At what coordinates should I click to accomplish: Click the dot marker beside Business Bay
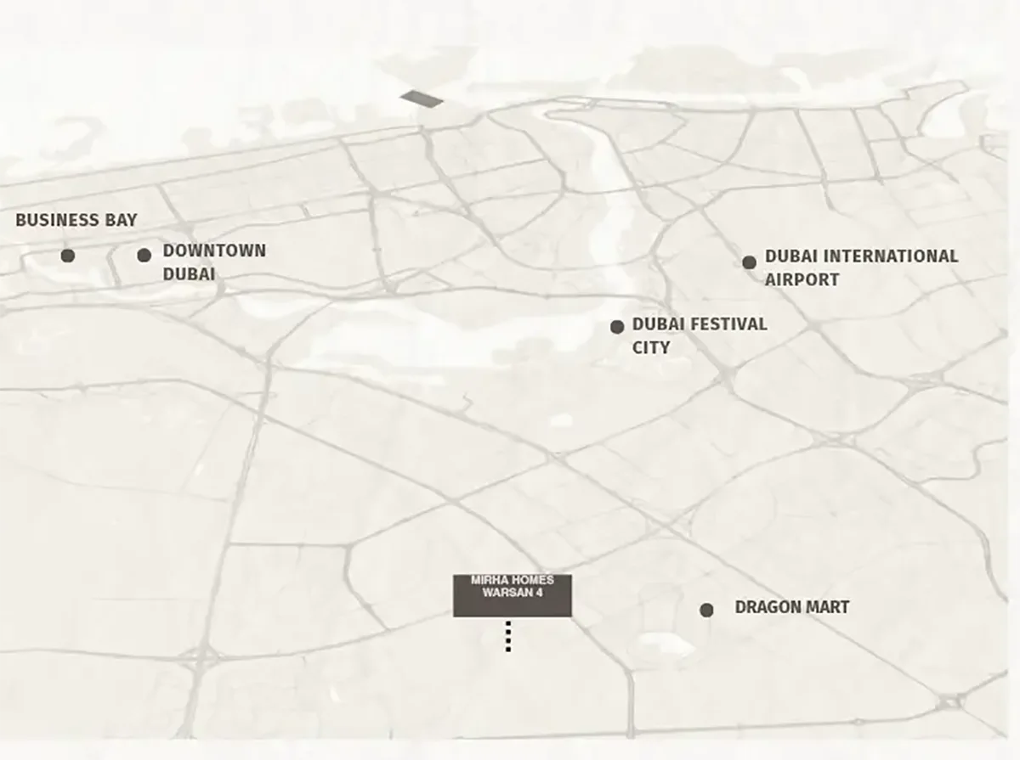pyautogui.click(x=68, y=256)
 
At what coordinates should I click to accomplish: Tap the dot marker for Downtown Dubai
pyautogui.click(x=144, y=255)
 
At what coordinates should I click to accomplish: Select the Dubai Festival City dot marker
pyautogui.click(x=617, y=327)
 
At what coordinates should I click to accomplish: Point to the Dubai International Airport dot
pyautogui.click(x=749, y=262)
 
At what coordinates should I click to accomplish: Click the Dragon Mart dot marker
pyautogui.click(x=706, y=610)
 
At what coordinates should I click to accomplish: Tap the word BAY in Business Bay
pyautogui.click(x=121, y=221)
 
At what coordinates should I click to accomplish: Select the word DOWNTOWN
pyautogui.click(x=214, y=251)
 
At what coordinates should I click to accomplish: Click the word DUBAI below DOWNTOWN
pyautogui.click(x=189, y=274)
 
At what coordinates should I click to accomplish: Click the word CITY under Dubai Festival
pyautogui.click(x=651, y=347)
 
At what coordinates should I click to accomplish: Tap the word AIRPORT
pyautogui.click(x=802, y=279)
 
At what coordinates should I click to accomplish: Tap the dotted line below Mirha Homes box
pyautogui.click(x=508, y=636)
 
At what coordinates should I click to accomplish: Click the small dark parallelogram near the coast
pyautogui.click(x=422, y=99)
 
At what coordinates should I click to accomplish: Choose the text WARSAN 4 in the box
pyautogui.click(x=513, y=593)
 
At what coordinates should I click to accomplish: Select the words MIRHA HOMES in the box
pyautogui.click(x=513, y=581)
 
